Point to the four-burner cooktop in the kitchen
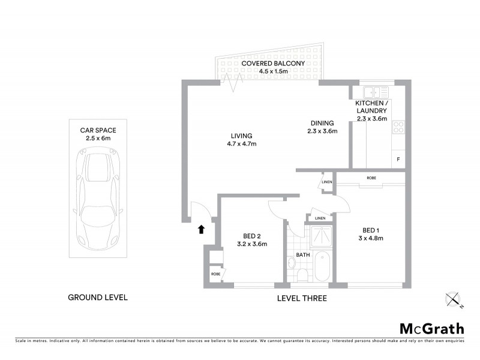pyautogui.click(x=398, y=127)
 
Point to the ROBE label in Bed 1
pyautogui.click(x=372, y=178)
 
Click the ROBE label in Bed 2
pyautogui.click(x=215, y=274)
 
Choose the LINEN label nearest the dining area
pyautogui.click(x=327, y=182)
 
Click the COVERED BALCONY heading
pyautogui.click(x=273, y=63)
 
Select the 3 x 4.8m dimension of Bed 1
pyautogui.click(x=370, y=238)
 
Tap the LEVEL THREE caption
pyautogui.click(x=302, y=298)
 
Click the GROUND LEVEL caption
pyautogui.click(x=97, y=297)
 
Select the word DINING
pyautogui.click(x=322, y=123)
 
